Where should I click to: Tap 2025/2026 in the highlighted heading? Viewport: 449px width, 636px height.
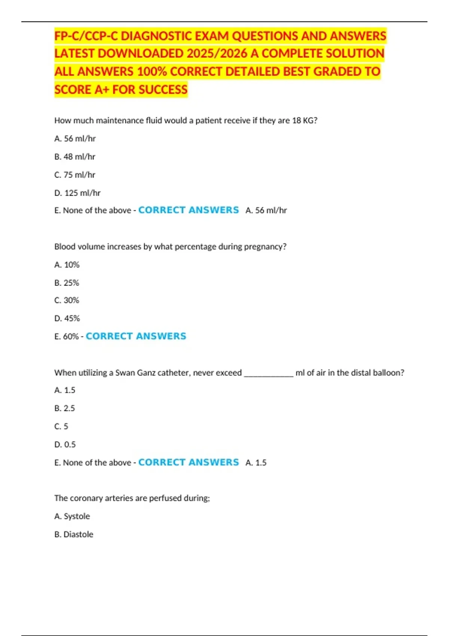pyautogui.click(x=217, y=53)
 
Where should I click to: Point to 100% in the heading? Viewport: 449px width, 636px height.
pyautogui.click(x=152, y=71)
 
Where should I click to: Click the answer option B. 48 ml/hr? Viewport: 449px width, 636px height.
pyautogui.click(x=75, y=157)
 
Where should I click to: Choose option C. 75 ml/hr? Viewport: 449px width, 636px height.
pyautogui.click(x=75, y=175)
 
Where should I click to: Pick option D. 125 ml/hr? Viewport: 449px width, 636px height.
pyautogui.click(x=77, y=193)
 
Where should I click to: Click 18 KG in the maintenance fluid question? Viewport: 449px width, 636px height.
pyautogui.click(x=303, y=120)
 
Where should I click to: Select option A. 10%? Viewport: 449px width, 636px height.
pyautogui.click(x=67, y=265)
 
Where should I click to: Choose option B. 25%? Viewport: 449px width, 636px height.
pyautogui.click(x=67, y=283)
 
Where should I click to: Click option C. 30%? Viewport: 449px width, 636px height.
pyautogui.click(x=67, y=300)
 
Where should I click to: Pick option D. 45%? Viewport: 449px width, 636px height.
pyautogui.click(x=67, y=318)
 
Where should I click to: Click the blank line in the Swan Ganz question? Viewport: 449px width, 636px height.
pyautogui.click(x=269, y=373)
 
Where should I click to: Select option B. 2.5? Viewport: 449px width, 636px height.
pyautogui.click(x=65, y=408)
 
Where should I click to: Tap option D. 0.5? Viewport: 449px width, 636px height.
pyautogui.click(x=65, y=444)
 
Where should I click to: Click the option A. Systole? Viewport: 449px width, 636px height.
pyautogui.click(x=72, y=516)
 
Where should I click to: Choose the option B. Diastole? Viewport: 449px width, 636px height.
pyautogui.click(x=74, y=534)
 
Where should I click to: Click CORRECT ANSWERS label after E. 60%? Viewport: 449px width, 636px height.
pyautogui.click(x=136, y=336)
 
